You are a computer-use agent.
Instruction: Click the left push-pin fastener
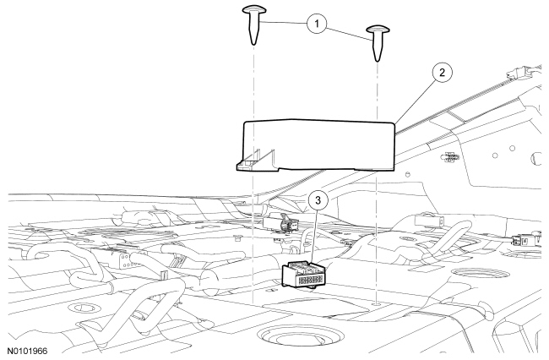(253, 22)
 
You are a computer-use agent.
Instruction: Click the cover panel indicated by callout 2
(321, 144)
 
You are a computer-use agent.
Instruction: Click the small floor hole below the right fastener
(377, 303)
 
